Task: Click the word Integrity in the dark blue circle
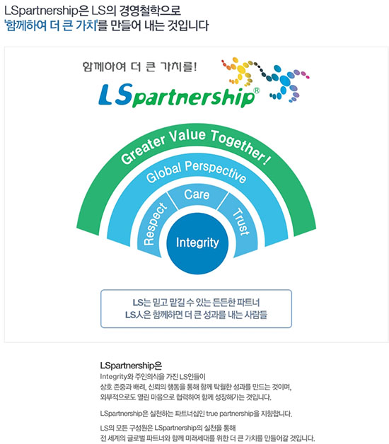click(197, 243)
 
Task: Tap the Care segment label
click(197, 195)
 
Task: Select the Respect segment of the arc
click(154, 224)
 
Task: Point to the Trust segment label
click(240, 222)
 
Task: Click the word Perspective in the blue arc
click(216, 171)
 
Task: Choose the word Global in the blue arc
click(163, 173)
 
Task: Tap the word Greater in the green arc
click(143, 149)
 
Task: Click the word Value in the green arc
click(187, 135)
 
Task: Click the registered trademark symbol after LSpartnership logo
click(256, 90)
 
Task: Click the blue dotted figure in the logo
click(285, 83)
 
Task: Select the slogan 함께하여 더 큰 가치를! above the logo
click(139, 67)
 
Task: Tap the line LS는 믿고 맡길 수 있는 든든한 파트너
click(196, 303)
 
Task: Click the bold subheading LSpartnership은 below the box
click(131, 366)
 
